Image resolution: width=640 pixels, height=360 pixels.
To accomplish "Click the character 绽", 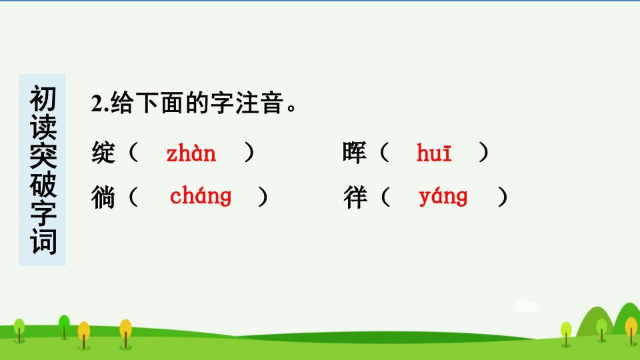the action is [103, 153].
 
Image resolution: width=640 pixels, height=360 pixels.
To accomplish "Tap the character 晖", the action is [354, 153].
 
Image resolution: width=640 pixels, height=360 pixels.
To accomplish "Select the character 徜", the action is [103, 197].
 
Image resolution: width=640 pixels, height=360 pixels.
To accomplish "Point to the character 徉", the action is [355, 197].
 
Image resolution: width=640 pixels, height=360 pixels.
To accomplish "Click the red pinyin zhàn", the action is [191, 153].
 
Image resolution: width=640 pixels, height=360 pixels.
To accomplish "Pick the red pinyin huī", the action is [434, 153].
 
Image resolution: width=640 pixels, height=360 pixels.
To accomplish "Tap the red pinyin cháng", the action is [201, 196].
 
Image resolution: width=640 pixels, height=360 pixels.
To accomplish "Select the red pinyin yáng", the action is [443, 197].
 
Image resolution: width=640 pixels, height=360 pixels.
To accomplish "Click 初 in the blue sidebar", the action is [43, 99].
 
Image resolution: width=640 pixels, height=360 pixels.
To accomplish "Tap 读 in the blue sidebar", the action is [43, 127].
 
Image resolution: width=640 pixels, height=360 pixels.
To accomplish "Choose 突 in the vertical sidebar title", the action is [43, 156].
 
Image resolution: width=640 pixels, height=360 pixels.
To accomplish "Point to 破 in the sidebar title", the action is [43, 185].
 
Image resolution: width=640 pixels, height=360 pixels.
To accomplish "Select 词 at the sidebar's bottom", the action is [43, 241].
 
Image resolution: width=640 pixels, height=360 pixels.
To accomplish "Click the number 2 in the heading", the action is [97, 103].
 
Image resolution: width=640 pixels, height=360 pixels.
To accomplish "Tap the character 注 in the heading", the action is [247, 103].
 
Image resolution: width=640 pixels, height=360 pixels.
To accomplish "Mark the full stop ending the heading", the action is [291, 109].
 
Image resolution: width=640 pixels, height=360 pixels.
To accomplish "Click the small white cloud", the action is [526, 305].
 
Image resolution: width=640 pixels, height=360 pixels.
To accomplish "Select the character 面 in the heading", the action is [173, 103].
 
